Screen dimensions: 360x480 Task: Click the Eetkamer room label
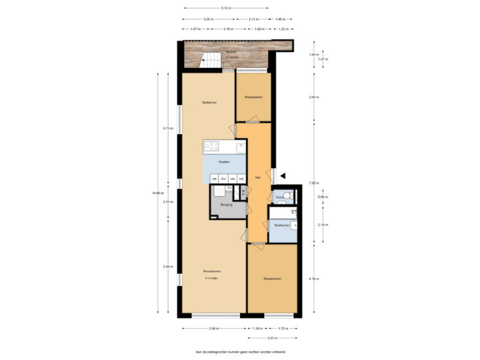coord(209,102)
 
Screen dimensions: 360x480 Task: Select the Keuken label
coord(225,162)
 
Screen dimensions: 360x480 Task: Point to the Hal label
coord(257,177)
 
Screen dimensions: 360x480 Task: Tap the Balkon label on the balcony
coord(231,51)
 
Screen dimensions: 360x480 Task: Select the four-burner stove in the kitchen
coord(212,146)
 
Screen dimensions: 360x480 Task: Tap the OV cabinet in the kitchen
coord(223,178)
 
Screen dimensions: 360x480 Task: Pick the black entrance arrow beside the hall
coord(283,175)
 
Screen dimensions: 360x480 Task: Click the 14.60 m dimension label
coord(157,193)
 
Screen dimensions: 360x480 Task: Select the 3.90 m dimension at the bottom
coord(213,329)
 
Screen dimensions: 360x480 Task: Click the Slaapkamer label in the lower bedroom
coord(272,279)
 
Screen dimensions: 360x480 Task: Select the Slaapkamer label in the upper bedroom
coord(253,97)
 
